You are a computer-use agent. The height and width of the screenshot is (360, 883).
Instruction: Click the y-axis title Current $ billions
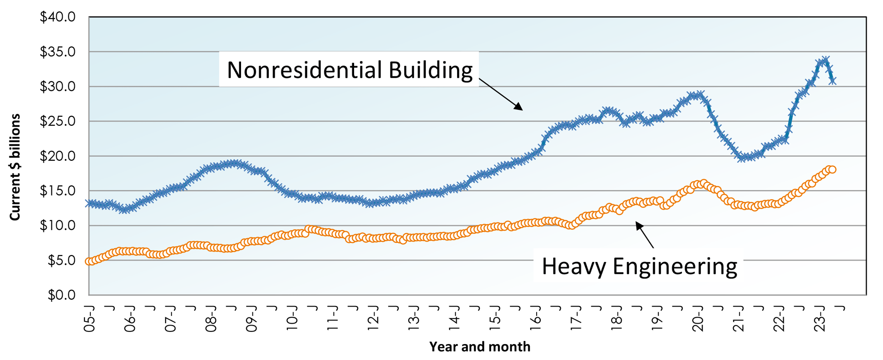click(15, 168)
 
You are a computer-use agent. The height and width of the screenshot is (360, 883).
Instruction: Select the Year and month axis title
click(479, 347)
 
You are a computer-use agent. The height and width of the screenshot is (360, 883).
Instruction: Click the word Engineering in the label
click(675, 266)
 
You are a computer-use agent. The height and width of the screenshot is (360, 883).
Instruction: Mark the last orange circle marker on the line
click(832, 170)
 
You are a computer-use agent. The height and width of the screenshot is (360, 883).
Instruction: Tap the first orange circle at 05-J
click(89, 261)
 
